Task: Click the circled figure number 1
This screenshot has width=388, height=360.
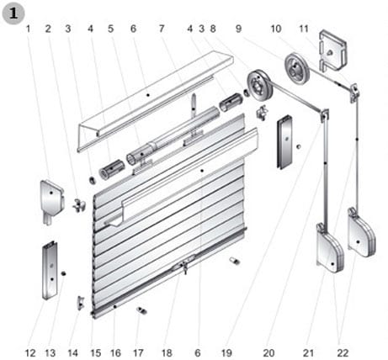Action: (13, 13)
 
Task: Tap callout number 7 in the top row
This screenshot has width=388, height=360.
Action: (162, 29)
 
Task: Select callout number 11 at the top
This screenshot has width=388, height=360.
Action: (304, 29)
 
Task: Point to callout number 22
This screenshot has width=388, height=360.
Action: (343, 352)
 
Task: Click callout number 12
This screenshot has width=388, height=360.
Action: (30, 352)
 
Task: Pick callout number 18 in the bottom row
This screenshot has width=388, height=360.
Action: (167, 352)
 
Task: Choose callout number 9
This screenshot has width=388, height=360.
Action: (238, 29)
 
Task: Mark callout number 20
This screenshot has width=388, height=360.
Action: (268, 352)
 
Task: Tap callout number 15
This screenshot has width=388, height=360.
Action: (95, 352)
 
